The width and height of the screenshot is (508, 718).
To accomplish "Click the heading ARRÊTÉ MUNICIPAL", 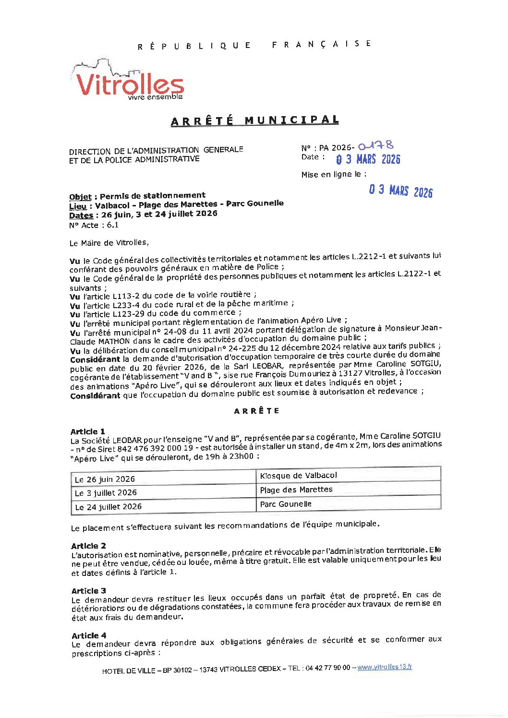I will [254, 120].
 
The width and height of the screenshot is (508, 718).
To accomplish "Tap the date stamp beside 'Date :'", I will [368, 159].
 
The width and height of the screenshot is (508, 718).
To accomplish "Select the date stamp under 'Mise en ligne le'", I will [400, 191].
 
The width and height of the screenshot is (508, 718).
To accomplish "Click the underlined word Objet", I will [80, 197].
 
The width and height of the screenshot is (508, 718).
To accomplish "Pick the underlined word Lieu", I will [78, 206].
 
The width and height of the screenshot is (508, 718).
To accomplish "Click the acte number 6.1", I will [112, 225].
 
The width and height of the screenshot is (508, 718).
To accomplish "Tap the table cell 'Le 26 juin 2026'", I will [105, 479].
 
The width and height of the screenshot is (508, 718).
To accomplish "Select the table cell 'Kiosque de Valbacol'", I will [298, 476].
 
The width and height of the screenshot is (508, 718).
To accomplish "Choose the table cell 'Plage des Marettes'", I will [296, 490].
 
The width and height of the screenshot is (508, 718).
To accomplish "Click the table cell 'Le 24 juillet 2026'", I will [108, 507].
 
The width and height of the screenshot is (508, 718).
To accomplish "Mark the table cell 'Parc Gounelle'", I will [286, 504].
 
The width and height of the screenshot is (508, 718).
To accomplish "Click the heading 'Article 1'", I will [87, 431].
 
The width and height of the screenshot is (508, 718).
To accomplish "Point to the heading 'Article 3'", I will [88, 591].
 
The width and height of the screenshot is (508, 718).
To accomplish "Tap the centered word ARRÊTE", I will [257, 411].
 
